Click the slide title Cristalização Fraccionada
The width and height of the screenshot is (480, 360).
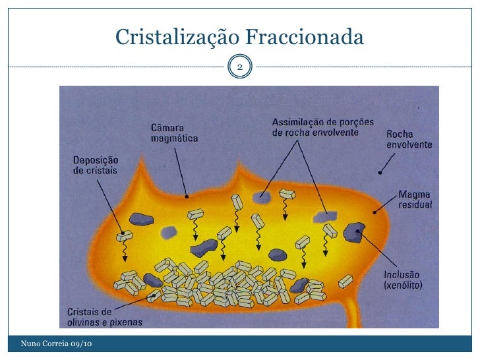point(239,38)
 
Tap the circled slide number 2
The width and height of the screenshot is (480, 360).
point(240,67)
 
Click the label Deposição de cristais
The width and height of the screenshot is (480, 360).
point(95,164)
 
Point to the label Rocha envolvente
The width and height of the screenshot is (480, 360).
point(409,138)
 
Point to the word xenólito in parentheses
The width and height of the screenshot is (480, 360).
point(409,285)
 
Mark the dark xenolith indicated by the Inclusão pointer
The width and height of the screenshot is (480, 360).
point(355,231)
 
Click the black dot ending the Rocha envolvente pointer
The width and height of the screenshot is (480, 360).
point(380,173)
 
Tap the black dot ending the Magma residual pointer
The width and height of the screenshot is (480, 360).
point(375,212)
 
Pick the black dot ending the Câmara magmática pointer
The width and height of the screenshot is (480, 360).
point(188,196)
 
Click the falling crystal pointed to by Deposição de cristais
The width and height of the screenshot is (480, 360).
point(124,235)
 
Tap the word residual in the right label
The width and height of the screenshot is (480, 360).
point(415,204)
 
